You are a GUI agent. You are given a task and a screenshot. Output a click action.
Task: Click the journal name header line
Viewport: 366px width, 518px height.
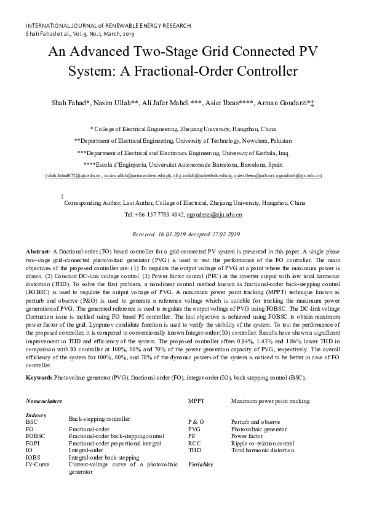108,26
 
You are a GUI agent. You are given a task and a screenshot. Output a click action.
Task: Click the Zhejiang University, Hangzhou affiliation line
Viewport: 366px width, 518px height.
183,130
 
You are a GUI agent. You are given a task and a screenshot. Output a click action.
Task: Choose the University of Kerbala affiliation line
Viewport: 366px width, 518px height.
183,153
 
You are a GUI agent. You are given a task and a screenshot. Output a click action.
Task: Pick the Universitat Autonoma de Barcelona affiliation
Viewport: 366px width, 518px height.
183,165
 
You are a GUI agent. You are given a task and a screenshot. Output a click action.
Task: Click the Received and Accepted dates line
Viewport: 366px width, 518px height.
182,234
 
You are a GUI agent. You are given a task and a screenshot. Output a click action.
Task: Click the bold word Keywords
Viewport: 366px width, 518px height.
39,377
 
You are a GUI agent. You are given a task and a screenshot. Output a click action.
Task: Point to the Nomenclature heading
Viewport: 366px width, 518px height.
44,401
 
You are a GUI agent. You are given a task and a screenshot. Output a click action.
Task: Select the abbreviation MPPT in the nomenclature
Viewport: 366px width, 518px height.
196,401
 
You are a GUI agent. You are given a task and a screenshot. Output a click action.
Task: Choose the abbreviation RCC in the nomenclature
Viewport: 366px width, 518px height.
194,443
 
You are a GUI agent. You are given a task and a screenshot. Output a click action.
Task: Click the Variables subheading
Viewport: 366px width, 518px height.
201,464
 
